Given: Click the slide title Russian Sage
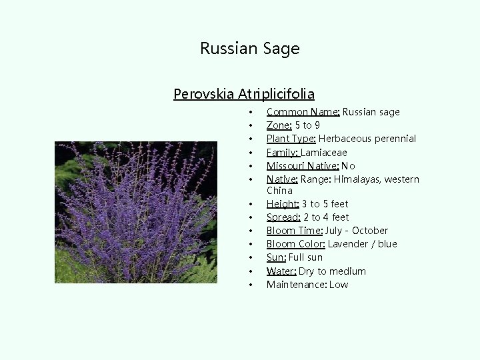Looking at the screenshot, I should click(250, 49).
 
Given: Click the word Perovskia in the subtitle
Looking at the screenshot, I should click(203, 94).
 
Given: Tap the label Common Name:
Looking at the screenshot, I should click(303, 112).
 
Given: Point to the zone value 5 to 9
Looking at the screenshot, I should click(307, 125).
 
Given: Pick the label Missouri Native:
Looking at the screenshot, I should click(303, 166).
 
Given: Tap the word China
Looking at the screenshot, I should click(279, 191).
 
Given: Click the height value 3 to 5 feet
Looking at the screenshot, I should click(325, 204).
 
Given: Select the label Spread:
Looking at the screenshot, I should click(283, 217).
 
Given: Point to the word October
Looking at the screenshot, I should click(370, 231).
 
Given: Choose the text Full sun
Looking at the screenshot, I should click(305, 257).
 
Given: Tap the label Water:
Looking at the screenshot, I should click(281, 271).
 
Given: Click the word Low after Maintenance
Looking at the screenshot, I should click(338, 285).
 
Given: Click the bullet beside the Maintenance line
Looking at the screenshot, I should click(249, 285).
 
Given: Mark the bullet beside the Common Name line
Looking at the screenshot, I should click(249, 113).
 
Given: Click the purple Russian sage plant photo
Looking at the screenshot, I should click(136, 212).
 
